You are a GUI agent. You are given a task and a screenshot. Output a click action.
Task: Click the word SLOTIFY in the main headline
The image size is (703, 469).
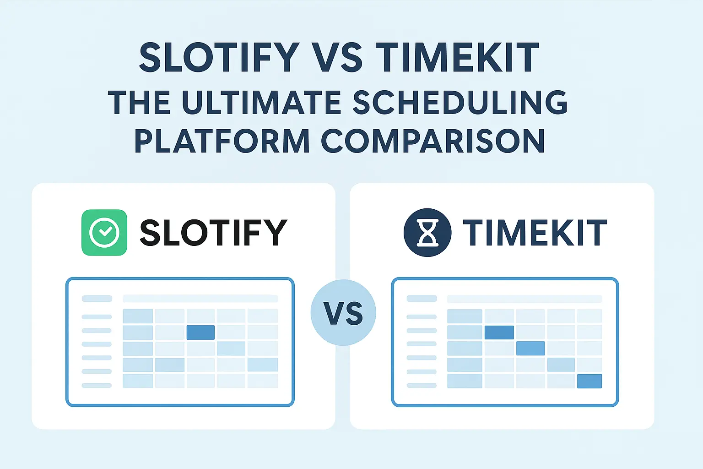[x=219, y=57]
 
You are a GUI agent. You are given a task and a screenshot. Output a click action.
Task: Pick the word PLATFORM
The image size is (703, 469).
[x=222, y=141]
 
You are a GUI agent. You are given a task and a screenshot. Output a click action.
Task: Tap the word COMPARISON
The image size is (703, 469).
[x=433, y=141]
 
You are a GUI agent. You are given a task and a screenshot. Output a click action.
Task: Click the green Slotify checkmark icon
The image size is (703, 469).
[x=104, y=233]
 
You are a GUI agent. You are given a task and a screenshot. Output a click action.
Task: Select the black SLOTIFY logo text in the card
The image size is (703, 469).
[x=213, y=233]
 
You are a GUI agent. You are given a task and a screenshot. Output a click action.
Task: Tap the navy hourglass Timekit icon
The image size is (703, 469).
[x=427, y=233]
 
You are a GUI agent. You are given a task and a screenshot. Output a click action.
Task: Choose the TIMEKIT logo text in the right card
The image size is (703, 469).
[x=535, y=233]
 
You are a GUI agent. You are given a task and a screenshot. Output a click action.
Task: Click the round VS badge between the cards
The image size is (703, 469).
[x=343, y=313]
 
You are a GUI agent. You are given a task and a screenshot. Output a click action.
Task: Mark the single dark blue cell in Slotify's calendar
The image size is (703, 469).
[x=200, y=332]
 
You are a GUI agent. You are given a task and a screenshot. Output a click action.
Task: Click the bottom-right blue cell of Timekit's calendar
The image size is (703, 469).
[x=589, y=381]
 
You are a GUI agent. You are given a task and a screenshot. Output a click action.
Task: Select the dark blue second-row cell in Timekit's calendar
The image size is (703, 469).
[x=499, y=332]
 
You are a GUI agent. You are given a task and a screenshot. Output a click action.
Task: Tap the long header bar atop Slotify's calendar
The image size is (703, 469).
[x=200, y=299]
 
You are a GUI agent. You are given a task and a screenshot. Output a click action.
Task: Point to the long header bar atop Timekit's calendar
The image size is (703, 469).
[x=525, y=299]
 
